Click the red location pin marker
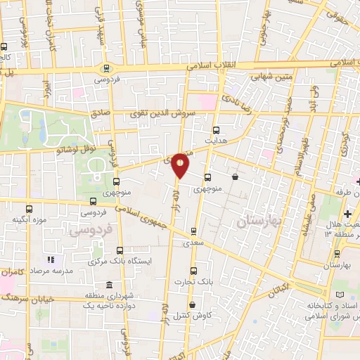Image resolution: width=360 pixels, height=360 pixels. pyautogui.click(x=181, y=165)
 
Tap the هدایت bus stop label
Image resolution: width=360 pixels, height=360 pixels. pyautogui.click(x=214, y=141)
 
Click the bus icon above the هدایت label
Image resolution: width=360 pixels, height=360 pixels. pyautogui.click(x=216, y=129)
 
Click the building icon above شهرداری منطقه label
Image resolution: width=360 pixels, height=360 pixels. pyautogui.click(x=108, y=285)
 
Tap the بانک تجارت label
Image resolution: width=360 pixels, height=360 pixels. pyautogui.click(x=195, y=282)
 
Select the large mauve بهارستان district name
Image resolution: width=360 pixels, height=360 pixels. pyautogui.click(x=259, y=221)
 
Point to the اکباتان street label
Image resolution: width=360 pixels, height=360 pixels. pyautogui.click(x=279, y=287)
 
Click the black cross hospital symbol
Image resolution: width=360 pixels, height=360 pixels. pyautogui.click(x=348, y=214)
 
